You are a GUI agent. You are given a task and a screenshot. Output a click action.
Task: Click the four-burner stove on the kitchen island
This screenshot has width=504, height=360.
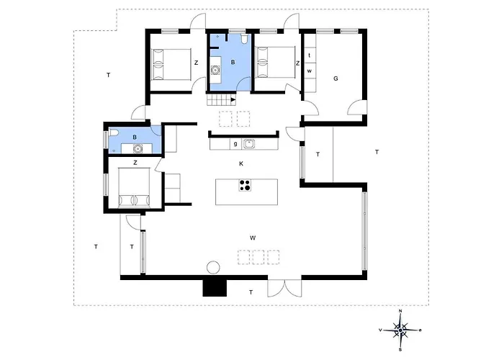pyautogui.click(x=245, y=186)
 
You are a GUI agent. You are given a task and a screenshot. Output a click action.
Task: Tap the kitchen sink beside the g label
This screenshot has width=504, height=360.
pyautogui.click(x=249, y=144)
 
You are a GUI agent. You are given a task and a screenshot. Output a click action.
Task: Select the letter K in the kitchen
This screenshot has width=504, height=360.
pyautogui.click(x=241, y=163)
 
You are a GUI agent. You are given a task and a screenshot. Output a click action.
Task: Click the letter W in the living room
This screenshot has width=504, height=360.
pyautogui.click(x=253, y=238)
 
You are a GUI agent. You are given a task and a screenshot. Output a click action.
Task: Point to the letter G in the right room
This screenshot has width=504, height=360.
pyautogui.click(x=336, y=78)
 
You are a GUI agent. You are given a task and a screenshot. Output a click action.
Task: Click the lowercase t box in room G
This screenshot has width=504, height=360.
pyautogui.click(x=310, y=55)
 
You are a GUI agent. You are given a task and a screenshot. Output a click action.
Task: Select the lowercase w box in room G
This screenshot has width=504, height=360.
pyautogui.click(x=310, y=71)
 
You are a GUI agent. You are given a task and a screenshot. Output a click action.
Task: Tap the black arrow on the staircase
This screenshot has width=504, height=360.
pyautogui.click(x=233, y=99)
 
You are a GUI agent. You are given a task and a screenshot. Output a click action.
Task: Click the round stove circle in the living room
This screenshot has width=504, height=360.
pyautogui.click(x=213, y=267)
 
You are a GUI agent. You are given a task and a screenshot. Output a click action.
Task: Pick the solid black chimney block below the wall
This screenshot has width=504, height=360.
pyautogui.click(x=215, y=288)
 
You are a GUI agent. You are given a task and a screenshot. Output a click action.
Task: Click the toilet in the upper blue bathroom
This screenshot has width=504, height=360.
pyautogui.click(x=245, y=39)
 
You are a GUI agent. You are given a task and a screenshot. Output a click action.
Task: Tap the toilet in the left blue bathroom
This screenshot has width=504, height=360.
pyautogui.click(x=114, y=132)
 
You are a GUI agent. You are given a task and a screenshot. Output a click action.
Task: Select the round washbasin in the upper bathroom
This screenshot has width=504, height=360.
pyautogui.click(x=215, y=69)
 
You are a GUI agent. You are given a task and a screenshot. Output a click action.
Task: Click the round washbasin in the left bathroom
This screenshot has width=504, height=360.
pyautogui.click(x=138, y=148)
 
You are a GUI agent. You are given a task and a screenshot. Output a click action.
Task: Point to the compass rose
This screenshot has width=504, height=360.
pyautogui.click(x=400, y=330)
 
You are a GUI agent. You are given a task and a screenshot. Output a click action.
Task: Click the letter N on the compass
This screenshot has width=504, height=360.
pyautogui.click(x=400, y=311)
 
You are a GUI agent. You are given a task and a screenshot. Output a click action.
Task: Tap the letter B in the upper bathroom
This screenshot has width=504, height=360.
pyautogui.click(x=233, y=63)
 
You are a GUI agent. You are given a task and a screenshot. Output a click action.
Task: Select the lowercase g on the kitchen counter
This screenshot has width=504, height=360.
pyautogui.click(x=235, y=144)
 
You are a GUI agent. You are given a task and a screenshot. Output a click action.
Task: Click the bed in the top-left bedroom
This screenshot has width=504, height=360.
pyautogui.click(x=171, y=64)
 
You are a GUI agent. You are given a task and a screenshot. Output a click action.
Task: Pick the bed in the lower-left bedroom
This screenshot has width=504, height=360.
pyautogui.click(x=134, y=186)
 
